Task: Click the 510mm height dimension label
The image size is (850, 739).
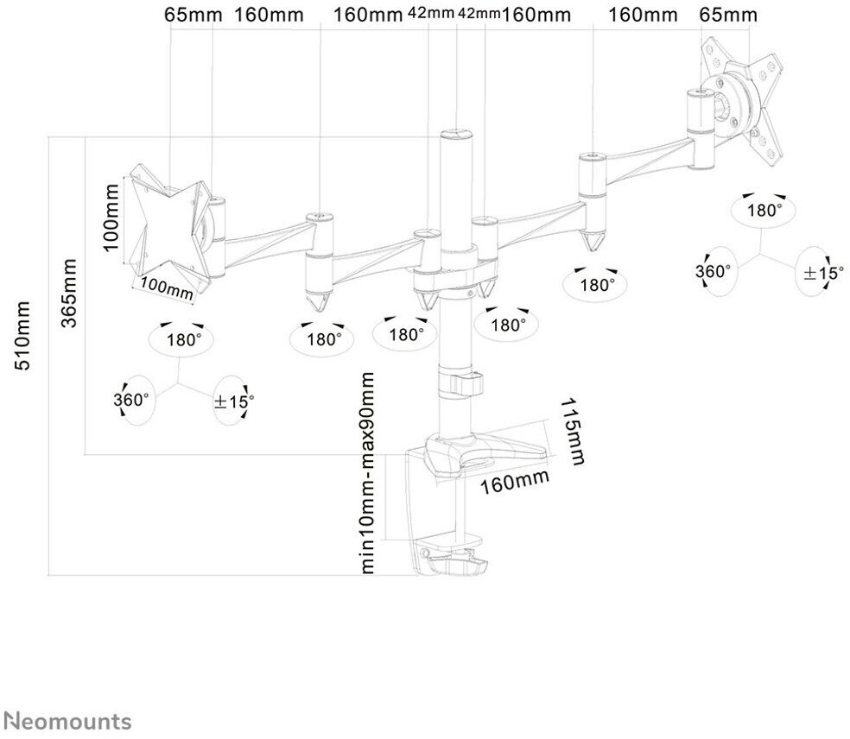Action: [25, 336]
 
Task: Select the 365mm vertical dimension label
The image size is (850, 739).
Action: [68, 293]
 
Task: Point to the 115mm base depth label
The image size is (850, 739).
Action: [572, 432]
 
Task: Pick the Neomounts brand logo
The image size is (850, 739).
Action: [67, 721]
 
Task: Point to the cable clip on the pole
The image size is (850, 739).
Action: [462, 382]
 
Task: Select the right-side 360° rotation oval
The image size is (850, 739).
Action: [714, 271]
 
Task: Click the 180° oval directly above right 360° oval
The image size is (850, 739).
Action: [764, 210]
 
